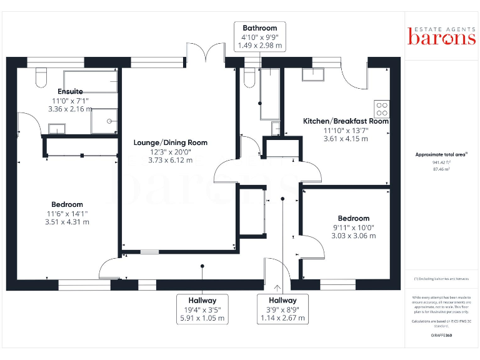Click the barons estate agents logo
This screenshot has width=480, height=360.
441,36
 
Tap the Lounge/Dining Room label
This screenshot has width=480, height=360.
171,142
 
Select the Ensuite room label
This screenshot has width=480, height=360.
70,92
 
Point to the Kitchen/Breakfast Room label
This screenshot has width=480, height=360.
346,121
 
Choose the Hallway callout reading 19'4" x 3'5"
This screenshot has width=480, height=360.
201,309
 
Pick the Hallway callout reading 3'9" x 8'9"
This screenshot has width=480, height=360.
283,309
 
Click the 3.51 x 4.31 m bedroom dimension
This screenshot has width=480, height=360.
67,222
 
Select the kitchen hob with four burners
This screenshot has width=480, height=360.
382,109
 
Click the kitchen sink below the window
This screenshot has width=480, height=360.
312,74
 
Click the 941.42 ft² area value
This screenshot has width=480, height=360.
441,162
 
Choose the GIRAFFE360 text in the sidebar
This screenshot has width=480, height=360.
441,336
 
